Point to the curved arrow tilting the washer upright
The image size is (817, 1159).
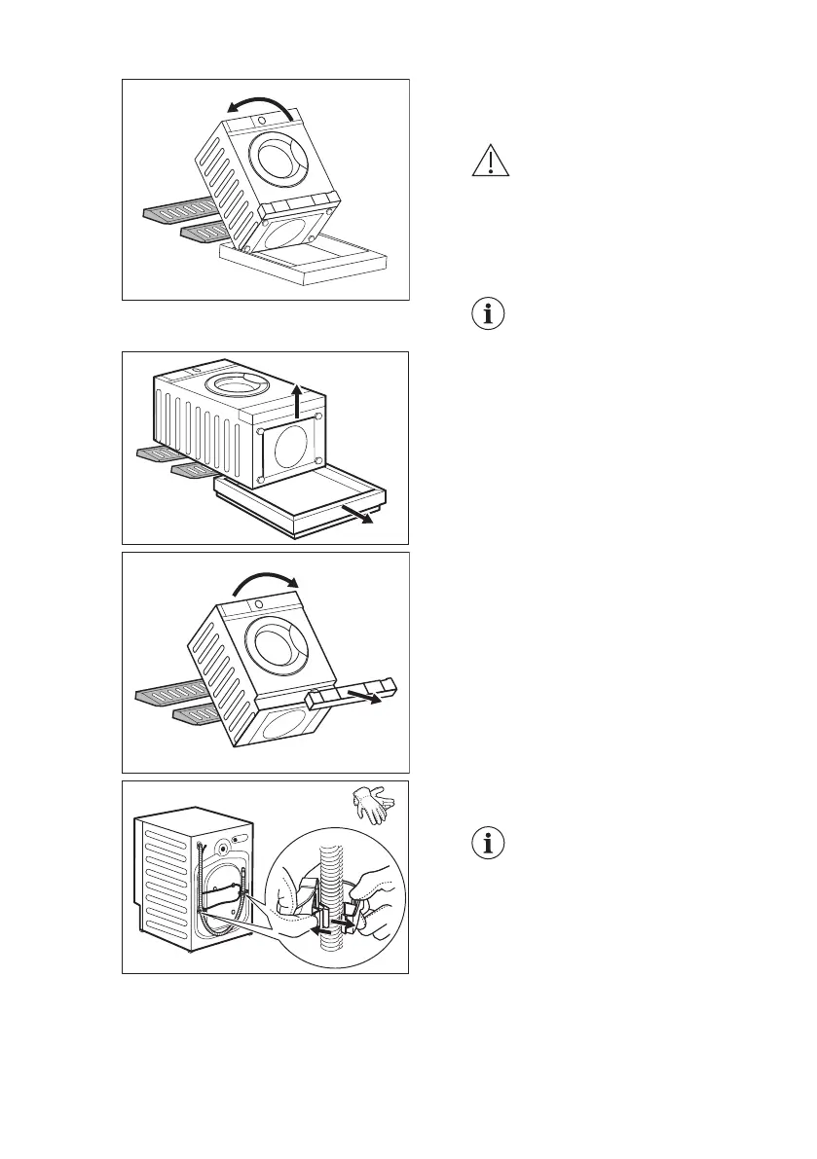259,580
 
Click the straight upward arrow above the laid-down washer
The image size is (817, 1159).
297,399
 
